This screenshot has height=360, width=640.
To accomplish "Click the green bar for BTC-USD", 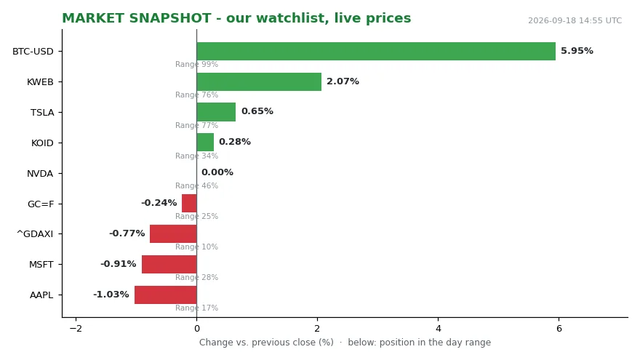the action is (376, 51).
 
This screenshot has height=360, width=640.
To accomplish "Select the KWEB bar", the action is (259, 81).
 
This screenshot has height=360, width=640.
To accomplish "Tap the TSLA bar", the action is (216, 112).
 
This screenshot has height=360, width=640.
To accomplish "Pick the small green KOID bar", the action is (205, 143).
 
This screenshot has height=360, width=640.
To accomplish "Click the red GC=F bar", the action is (189, 203).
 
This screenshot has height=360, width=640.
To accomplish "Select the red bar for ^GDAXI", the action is (173, 234).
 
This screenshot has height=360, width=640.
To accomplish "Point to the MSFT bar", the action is (169, 264).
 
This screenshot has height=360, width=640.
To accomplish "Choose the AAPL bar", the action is (166, 295).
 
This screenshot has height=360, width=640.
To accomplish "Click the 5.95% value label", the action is (577, 51).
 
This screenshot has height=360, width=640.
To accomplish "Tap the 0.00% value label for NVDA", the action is (217, 172).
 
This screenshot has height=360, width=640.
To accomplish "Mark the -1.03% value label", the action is (111, 295).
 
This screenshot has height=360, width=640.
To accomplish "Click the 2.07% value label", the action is (343, 81).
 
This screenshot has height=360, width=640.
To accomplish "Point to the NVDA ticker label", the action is (40, 174).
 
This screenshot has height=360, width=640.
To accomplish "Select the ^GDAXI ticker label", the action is (35, 234).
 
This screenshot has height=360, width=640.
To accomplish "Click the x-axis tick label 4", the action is (438, 329).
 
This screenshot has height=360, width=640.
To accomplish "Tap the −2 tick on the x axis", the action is (76, 329).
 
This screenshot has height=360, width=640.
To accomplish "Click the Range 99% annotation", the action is (197, 64).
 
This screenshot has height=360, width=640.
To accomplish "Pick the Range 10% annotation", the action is (197, 247).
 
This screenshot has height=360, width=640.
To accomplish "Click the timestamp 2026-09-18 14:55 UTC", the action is (575, 20).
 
